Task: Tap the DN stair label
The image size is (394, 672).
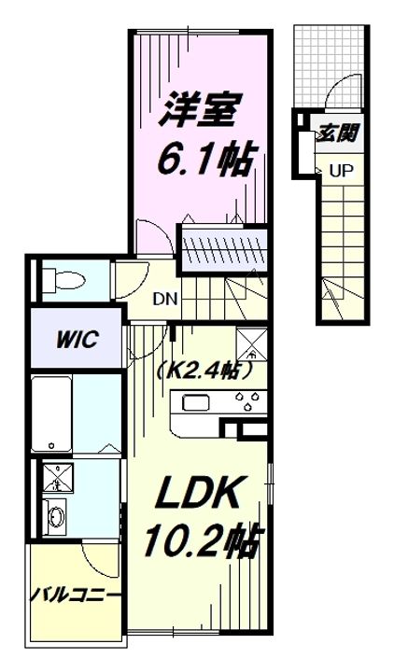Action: pyautogui.click(x=166, y=300)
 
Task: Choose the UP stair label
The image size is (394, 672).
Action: pyautogui.click(x=340, y=171)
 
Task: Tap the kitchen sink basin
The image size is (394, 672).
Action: pyautogui.click(x=197, y=402)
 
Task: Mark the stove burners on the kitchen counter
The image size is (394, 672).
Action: pyautogui.click(x=247, y=402)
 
